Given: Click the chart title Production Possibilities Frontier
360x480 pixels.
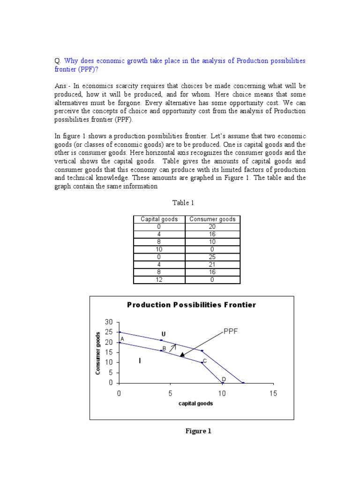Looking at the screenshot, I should (x=192, y=305).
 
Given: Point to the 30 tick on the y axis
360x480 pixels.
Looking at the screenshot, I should (x=109, y=322).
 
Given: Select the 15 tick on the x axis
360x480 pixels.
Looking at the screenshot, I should (x=273, y=393).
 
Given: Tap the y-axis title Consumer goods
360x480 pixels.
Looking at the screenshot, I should (x=98, y=353).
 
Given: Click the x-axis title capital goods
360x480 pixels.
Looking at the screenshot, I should (x=195, y=404).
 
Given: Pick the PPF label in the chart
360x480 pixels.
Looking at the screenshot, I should (x=231, y=331).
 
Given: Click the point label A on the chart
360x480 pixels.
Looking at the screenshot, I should (x=122, y=339).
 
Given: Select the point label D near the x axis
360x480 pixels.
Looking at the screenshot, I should (x=224, y=379).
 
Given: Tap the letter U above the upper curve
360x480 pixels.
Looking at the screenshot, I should (x=164, y=334).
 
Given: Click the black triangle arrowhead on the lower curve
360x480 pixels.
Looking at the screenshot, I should (x=182, y=354).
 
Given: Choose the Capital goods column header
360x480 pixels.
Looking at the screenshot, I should (x=159, y=219).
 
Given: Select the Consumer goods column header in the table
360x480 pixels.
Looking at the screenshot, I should (x=213, y=219).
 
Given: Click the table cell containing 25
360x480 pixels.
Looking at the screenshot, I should (x=213, y=257).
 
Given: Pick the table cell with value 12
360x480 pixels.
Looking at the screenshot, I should (x=159, y=280).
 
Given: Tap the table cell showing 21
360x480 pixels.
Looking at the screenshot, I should (x=213, y=264).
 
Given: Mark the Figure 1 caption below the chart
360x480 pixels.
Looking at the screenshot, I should (x=199, y=431).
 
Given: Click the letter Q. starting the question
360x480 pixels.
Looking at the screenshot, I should (x=58, y=61).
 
